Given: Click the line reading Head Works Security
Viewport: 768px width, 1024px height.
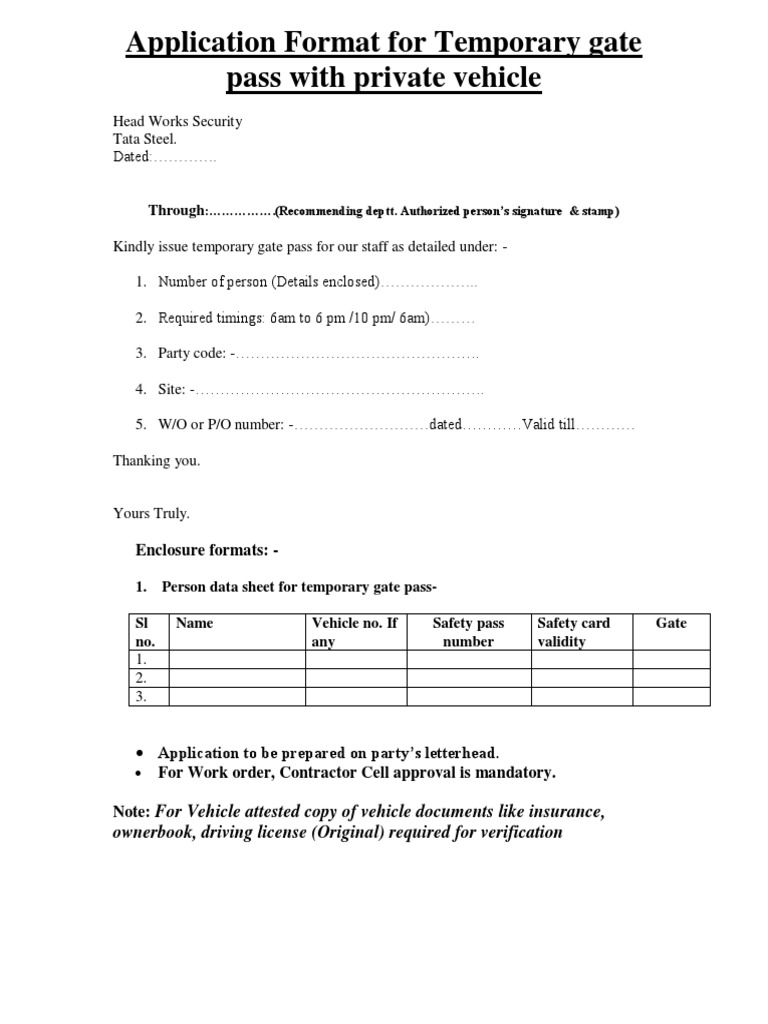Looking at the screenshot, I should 177,122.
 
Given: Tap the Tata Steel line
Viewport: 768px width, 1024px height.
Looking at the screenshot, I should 144,140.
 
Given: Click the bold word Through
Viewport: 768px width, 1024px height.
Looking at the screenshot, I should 176,211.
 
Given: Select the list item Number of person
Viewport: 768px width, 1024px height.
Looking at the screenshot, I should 268,283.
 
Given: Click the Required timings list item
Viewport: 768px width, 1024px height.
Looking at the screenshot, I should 293,319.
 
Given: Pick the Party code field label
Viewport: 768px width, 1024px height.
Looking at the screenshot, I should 196,354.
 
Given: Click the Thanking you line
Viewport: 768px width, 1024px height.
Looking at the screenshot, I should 156,461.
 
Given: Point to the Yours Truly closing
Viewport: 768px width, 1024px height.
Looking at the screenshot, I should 151,513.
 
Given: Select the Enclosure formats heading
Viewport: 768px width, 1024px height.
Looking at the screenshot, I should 207,550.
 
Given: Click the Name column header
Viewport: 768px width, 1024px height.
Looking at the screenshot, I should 195,623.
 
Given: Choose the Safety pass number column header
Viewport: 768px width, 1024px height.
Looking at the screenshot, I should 468,632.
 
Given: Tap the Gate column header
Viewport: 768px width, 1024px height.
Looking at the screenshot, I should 671,623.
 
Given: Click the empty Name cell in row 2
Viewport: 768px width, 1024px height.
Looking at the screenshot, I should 236,679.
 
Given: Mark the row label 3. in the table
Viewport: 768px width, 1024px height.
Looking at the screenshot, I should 141,697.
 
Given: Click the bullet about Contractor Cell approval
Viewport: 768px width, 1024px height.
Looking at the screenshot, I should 357,773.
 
